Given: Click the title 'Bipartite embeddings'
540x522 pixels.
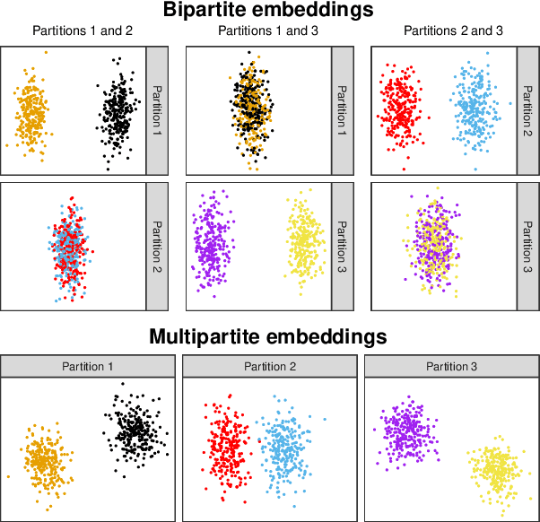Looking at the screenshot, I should tap(268, 11).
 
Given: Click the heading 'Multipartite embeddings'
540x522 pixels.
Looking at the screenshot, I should tap(268, 337).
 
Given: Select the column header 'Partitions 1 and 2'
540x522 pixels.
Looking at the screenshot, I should tap(83, 30).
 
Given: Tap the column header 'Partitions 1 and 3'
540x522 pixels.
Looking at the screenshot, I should tap(267, 30).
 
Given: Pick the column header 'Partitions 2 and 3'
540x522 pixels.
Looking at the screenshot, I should tap(453, 30).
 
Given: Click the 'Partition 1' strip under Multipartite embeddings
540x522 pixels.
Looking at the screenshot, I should tap(88, 366).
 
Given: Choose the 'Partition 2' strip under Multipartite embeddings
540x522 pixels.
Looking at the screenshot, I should tap(269, 366).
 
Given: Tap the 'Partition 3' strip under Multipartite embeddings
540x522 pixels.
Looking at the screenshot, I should tap(451, 366).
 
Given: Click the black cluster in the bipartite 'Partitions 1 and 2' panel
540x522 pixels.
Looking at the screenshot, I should tap(118, 111).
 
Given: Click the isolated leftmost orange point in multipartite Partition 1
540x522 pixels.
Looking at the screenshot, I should tap(8, 477).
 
